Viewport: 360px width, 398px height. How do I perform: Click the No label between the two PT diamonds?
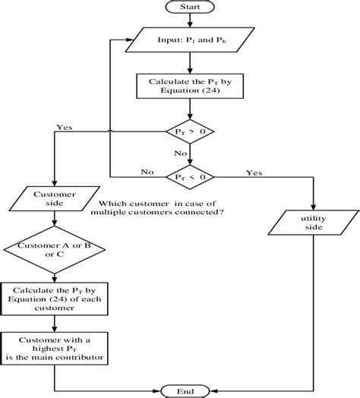[182, 153]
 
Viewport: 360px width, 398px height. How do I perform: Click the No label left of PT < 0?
[147, 172]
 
